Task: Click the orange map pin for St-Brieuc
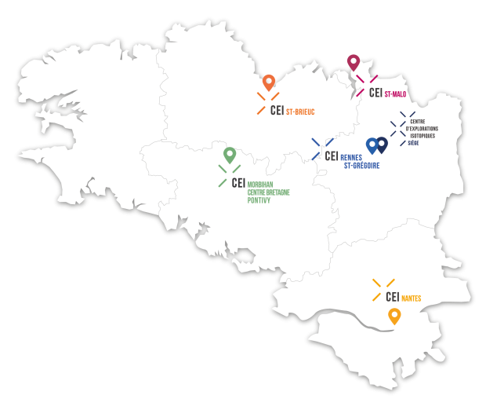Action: (x=269, y=81)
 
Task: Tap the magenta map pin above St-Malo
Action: (x=353, y=61)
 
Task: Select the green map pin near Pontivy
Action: (x=230, y=154)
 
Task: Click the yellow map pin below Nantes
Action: (x=394, y=316)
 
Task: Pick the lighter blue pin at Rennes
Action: (x=372, y=144)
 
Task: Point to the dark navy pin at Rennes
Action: (x=382, y=144)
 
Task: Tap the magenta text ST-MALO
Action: (x=399, y=94)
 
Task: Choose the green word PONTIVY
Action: (x=259, y=200)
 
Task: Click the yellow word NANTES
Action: (x=411, y=298)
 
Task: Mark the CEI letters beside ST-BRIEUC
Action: (x=276, y=111)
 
